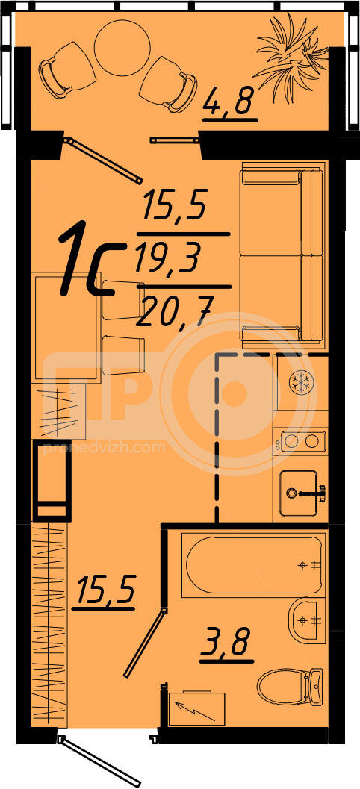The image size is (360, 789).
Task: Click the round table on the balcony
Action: [122, 49]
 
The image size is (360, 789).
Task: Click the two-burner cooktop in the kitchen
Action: [300, 441]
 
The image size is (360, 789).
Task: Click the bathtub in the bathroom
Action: [253, 566]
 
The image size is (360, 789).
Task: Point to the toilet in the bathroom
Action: [291, 685]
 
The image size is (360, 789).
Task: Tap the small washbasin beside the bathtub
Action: [307, 621]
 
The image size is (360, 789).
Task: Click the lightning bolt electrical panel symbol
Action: [197, 708]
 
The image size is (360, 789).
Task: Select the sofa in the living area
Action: [282, 255]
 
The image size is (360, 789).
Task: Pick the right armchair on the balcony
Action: [169, 84]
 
